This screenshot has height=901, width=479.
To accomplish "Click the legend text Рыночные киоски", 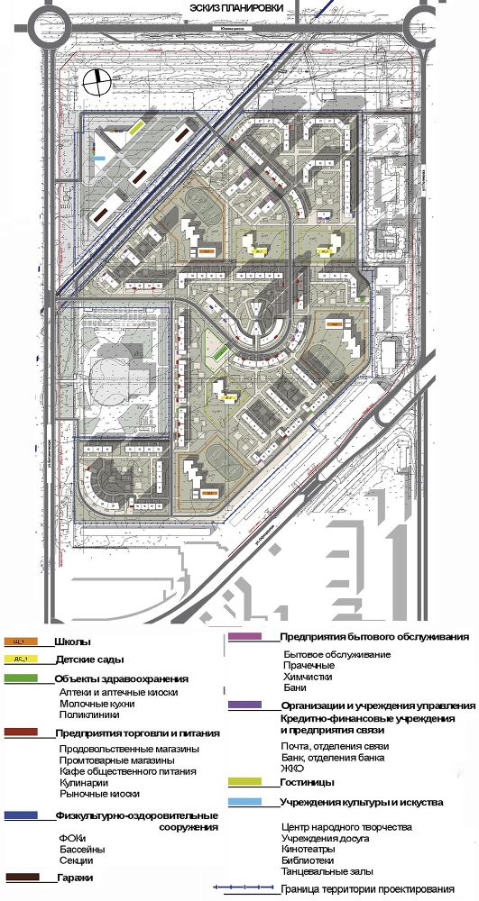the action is pyautogui.click(x=100, y=794).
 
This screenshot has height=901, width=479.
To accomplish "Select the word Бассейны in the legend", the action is pyautogui.click(x=82, y=850).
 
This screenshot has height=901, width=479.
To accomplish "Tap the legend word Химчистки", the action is pyautogui.click(x=308, y=676).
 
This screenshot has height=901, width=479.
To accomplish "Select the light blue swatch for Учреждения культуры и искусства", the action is pyautogui.click(x=242, y=800).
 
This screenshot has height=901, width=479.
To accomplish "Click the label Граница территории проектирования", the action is pyautogui.click(x=353, y=889).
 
